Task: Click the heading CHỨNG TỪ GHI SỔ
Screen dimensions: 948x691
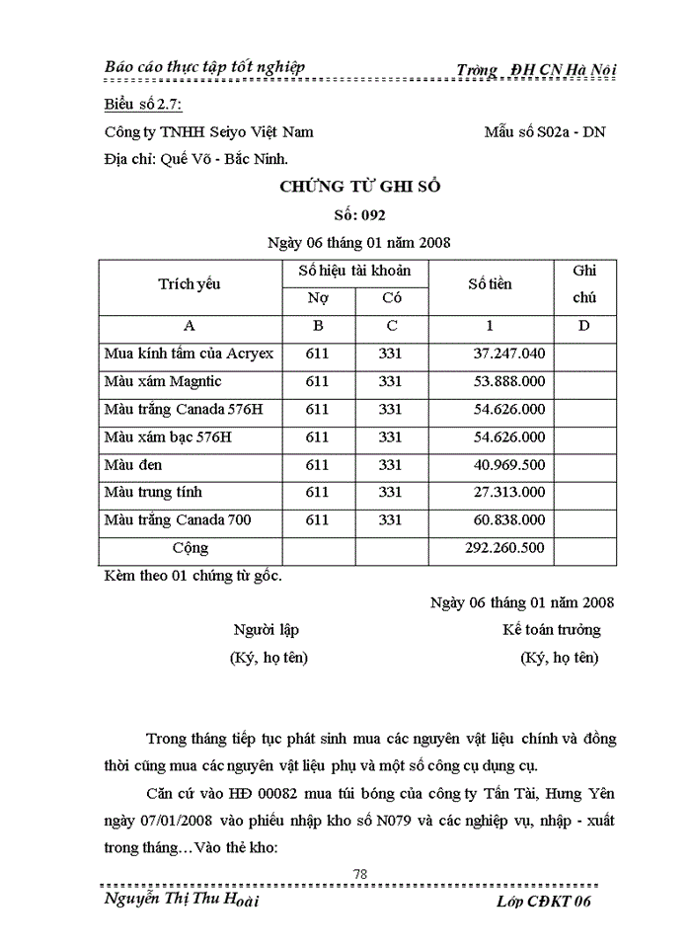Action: pyautogui.click(x=359, y=186)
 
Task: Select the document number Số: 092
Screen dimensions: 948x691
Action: pyautogui.click(x=359, y=213)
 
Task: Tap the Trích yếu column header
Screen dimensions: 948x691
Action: pyautogui.click(x=190, y=284)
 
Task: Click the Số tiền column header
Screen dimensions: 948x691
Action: pyautogui.click(x=490, y=284)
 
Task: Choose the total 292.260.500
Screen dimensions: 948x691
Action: pyautogui.click(x=504, y=547)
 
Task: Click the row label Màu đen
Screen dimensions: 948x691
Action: pyautogui.click(x=133, y=464)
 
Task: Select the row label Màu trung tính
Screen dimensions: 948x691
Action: pyautogui.click(x=153, y=492)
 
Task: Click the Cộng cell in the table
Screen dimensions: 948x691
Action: pyautogui.click(x=190, y=547)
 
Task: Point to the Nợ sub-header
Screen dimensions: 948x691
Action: pyautogui.click(x=318, y=298)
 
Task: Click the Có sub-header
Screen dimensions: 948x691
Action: pyautogui.click(x=392, y=298)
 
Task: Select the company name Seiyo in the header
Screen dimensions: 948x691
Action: pyautogui.click(x=216, y=131)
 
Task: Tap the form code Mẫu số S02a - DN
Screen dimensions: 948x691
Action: pyautogui.click(x=545, y=131)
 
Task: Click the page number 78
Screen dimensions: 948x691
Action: pyautogui.click(x=359, y=873)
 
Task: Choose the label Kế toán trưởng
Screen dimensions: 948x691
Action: pyautogui.click(x=551, y=630)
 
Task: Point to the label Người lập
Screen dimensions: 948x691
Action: pyautogui.click(x=266, y=630)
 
